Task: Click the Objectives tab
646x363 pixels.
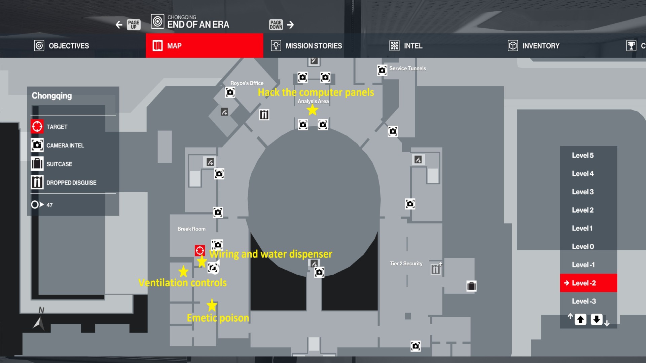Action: point(62,46)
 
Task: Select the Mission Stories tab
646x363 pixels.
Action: point(307,46)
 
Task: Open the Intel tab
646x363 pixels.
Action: point(406,46)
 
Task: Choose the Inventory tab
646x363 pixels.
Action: point(534,46)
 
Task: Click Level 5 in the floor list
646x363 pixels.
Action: point(583,155)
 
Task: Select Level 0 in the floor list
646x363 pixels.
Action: point(583,246)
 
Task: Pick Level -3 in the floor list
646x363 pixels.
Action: point(584,301)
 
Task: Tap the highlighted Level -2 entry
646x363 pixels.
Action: point(584,283)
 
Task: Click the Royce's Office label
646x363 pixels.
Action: point(247,83)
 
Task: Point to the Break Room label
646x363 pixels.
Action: point(191,229)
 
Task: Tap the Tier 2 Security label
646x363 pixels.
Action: point(406,264)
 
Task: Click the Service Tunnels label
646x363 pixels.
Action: point(407,68)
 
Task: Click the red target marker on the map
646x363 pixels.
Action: point(200,250)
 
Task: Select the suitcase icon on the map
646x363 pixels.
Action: point(471,286)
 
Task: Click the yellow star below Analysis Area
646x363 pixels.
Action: point(313,110)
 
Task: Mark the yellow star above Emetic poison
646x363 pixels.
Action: point(212,305)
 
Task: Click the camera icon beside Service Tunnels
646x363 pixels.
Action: point(382,70)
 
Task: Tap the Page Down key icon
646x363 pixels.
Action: point(276,25)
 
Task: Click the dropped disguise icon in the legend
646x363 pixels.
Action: point(37,183)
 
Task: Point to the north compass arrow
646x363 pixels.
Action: point(39,323)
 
